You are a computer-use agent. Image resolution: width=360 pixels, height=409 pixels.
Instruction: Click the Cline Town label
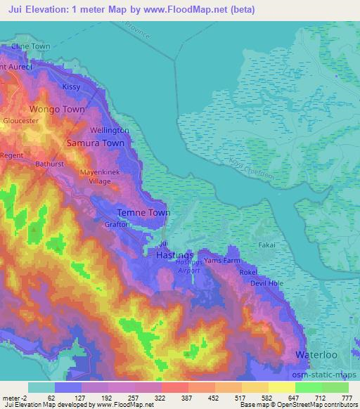(x=30, y=46)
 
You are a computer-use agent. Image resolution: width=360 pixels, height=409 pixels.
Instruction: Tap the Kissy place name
(x=72, y=86)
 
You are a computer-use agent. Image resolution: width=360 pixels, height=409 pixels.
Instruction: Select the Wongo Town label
(x=57, y=110)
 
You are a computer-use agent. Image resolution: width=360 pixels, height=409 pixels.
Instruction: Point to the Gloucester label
(x=20, y=121)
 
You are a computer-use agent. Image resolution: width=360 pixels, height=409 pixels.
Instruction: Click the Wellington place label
(x=110, y=131)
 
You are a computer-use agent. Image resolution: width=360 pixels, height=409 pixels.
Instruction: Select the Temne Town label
(x=143, y=212)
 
